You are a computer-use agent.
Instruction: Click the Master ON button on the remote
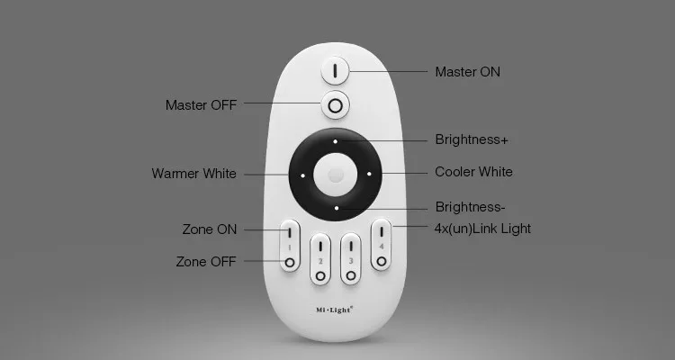coord(335,70)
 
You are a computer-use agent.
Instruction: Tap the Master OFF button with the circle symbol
coord(335,105)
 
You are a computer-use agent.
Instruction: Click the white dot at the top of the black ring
coord(335,141)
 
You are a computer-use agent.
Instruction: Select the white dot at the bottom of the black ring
coord(337,208)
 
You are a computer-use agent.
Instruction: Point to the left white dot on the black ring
coord(302,175)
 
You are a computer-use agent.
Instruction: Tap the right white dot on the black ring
coord(369,174)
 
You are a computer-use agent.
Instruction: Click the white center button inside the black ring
coord(336,175)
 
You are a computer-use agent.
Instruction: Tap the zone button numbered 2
coord(320,259)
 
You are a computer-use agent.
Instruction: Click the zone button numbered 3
coord(351,259)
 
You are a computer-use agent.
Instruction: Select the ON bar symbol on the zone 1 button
coord(290,232)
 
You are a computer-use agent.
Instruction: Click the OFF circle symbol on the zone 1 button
coord(290,262)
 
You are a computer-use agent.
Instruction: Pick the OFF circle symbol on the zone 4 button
coord(381,261)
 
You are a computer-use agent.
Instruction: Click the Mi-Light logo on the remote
coord(335,310)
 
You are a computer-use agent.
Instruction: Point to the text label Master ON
coord(467,72)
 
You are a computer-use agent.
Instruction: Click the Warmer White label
coord(193,174)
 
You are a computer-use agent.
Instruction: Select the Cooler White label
coord(473,172)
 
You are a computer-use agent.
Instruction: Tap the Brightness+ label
coord(472,139)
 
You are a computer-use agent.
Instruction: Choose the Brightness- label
coord(470,207)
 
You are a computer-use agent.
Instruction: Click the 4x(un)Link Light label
coord(482,229)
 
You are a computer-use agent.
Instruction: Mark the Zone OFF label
coord(206,261)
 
